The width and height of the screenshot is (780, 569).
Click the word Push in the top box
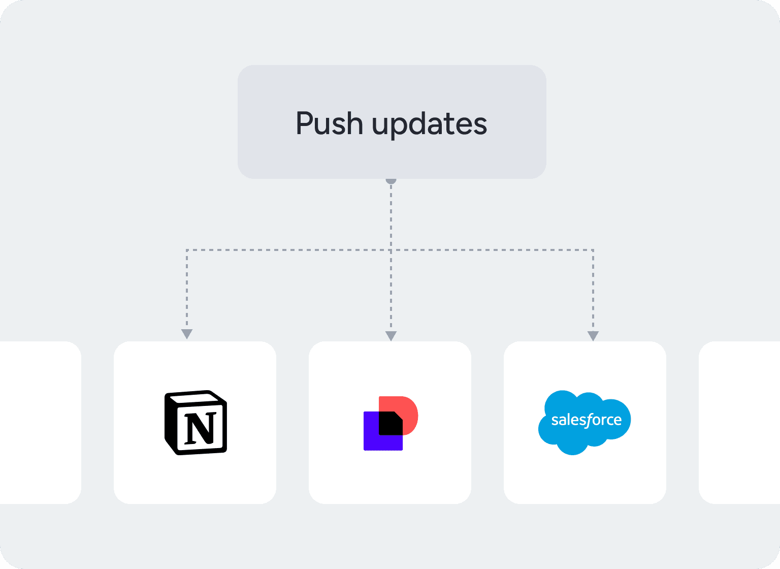[329, 123]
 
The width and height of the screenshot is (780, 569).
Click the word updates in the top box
[429, 124]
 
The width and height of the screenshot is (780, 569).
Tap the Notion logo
[196, 422]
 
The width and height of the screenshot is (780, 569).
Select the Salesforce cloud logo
[584, 422]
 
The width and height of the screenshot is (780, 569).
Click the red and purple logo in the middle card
[391, 423]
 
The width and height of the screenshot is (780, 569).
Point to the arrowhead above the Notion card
[187, 334]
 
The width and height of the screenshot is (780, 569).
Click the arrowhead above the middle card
[391, 336]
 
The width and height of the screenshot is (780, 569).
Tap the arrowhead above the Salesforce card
[593, 336]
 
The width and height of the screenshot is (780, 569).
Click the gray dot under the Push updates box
[391, 180]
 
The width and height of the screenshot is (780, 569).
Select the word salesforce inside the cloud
[587, 420]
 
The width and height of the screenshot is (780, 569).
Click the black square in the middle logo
[391, 423]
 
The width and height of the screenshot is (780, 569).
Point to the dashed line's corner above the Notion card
[187, 250]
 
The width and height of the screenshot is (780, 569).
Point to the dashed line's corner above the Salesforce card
[593, 250]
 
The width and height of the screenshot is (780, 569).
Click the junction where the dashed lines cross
[391, 250]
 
